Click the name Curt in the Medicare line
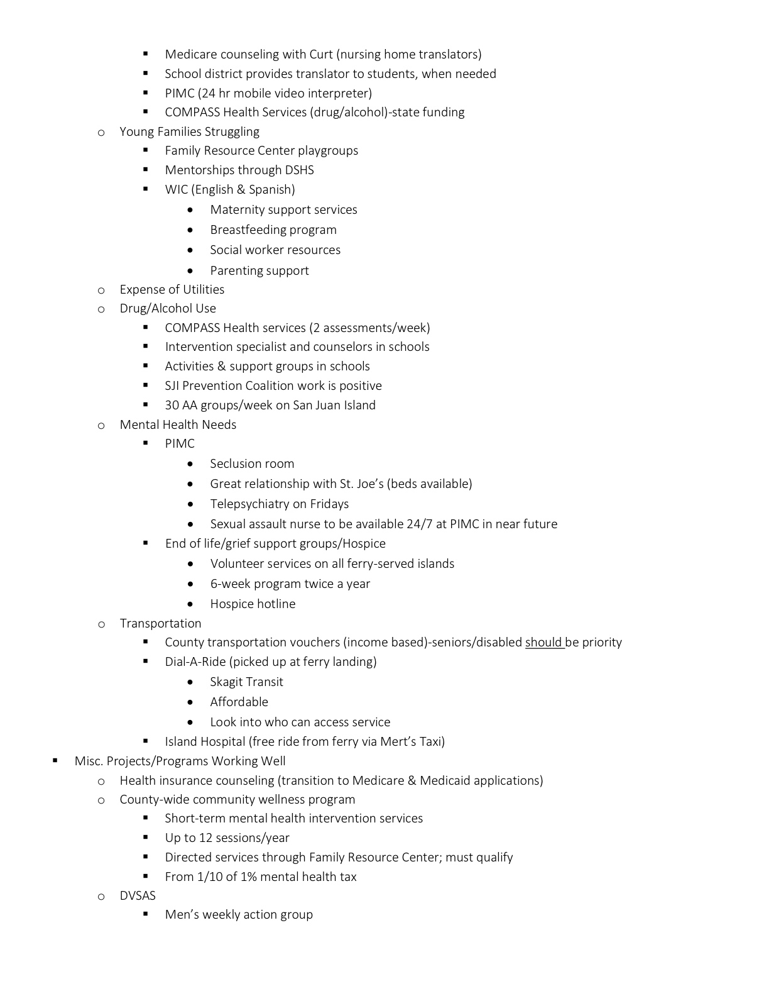coord(321,55)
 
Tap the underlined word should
coord(543,643)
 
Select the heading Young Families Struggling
coord(189,132)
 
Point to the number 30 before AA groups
coord(172,406)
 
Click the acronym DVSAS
coord(138,896)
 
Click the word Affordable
coord(239,702)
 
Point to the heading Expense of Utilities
coord(172,290)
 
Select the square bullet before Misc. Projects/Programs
coord(55,761)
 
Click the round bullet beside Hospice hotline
coord(190,604)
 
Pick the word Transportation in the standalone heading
coord(160,624)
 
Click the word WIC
coord(176,190)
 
